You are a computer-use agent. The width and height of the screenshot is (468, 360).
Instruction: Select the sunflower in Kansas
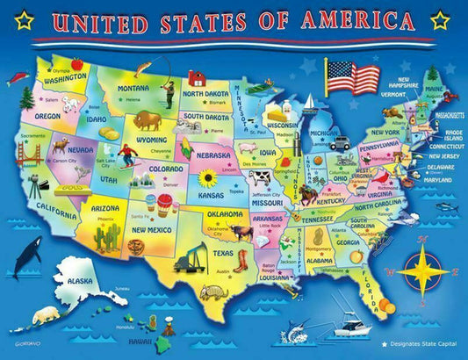(x=208, y=178)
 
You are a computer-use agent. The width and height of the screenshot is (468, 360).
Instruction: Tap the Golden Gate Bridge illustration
(x=32, y=155)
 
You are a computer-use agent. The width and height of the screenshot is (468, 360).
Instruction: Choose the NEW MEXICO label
(x=151, y=230)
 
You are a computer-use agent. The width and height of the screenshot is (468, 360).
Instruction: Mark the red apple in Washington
(x=77, y=63)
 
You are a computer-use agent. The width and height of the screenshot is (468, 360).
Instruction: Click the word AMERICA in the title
(x=363, y=20)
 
